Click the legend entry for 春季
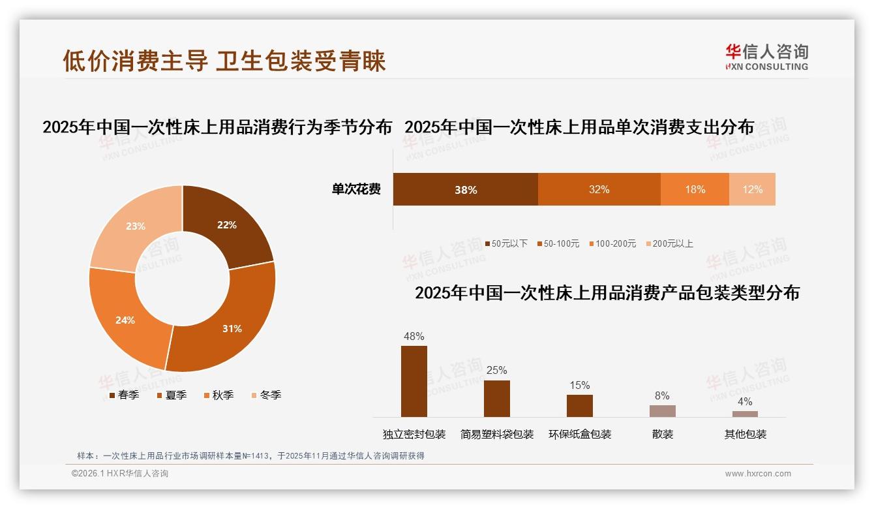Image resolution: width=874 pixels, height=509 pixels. tap(124, 395)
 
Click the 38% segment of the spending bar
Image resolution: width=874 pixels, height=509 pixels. tap(465, 189)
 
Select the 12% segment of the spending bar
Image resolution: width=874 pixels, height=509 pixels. tap(752, 189)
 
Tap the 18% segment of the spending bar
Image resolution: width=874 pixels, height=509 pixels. tap(695, 189)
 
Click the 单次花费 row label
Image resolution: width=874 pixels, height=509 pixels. tap(356, 189)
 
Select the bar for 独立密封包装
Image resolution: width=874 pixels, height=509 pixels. tap(414, 381)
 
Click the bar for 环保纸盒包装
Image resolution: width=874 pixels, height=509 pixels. tap(579, 405)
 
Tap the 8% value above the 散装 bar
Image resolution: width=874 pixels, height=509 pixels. tap(662, 395)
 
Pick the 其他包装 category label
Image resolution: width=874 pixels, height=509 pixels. tap(745, 434)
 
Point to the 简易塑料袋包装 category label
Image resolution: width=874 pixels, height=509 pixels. tap(496, 434)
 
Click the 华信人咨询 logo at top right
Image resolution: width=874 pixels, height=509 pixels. tap(766, 57)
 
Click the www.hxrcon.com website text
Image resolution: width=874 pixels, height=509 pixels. tap(758, 474)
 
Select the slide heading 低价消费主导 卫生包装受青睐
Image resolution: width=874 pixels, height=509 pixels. tap(224, 61)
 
